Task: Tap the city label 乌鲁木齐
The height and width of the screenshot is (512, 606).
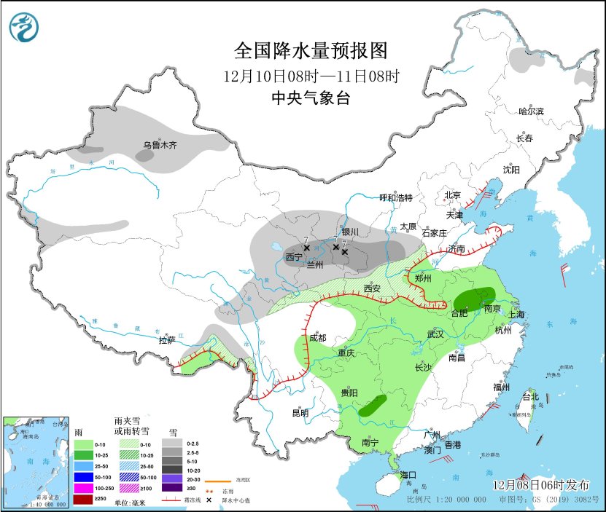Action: coord(160,145)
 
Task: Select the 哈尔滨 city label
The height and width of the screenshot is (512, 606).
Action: coord(531,111)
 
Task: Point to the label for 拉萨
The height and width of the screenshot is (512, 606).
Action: coord(167,340)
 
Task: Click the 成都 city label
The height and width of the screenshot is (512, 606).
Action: coord(317,338)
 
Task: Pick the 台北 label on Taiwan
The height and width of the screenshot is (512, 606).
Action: coord(530,397)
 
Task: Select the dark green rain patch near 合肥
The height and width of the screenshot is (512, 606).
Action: coord(474,299)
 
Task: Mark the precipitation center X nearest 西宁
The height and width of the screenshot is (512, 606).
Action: coord(307,248)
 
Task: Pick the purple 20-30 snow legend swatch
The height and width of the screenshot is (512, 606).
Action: coord(173,487)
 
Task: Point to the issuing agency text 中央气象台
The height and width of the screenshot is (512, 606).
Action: coord(309,98)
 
